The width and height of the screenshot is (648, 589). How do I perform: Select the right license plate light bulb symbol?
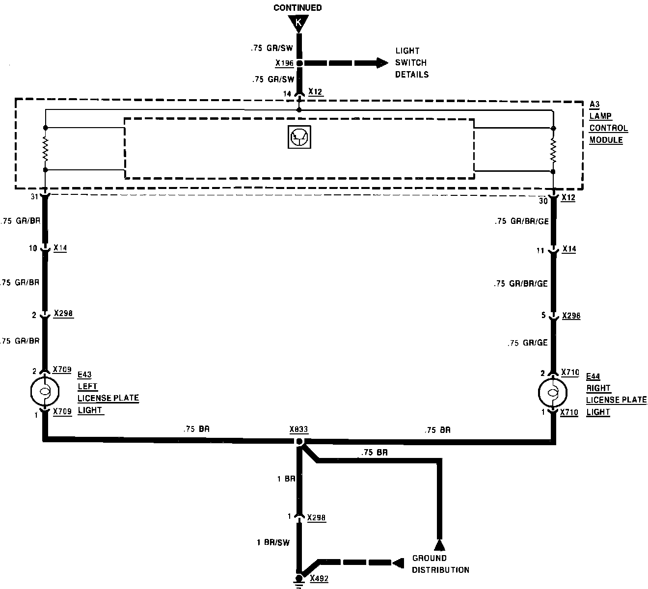(x=553, y=392)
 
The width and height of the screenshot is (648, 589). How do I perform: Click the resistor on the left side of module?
(x=45, y=149)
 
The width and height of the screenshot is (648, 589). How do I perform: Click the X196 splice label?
(x=285, y=63)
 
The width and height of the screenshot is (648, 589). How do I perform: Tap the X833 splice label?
(x=298, y=429)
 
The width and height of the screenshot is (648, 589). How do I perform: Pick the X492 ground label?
(x=319, y=579)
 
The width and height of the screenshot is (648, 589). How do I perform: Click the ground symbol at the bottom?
(x=298, y=580)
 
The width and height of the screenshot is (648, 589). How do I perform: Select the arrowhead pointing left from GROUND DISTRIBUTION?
(x=397, y=562)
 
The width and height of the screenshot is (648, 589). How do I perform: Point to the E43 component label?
(x=84, y=375)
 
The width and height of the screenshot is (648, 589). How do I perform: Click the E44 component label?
(x=593, y=376)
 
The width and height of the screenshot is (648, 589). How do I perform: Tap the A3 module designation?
(x=594, y=105)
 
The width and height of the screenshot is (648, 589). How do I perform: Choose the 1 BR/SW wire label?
(x=273, y=542)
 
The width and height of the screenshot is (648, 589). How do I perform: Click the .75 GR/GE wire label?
(x=527, y=343)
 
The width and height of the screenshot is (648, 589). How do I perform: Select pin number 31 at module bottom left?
(x=34, y=197)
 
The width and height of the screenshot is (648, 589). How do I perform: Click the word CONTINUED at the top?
(x=297, y=7)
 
